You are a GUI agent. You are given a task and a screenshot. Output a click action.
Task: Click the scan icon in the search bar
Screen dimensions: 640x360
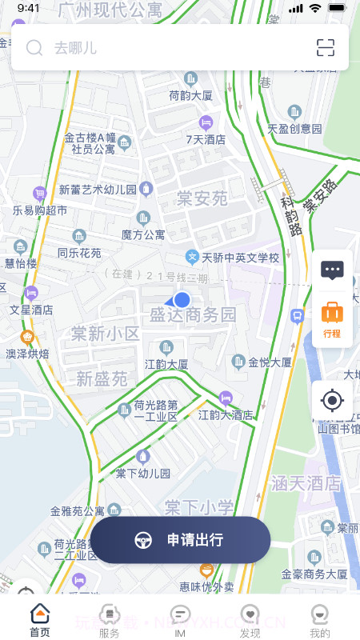tap(326, 48)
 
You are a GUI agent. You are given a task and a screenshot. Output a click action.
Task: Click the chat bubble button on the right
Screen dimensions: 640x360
tap(332, 270)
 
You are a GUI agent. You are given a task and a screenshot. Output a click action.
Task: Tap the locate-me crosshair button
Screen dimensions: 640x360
tap(332, 400)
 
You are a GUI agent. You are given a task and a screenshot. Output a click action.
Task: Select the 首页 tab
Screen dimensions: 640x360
tap(40, 620)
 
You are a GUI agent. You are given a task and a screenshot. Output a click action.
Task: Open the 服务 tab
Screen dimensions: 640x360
tap(110, 620)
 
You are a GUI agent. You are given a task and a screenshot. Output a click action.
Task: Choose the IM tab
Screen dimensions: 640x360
tap(180, 620)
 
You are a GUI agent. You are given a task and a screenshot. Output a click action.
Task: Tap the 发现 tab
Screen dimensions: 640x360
tap(250, 620)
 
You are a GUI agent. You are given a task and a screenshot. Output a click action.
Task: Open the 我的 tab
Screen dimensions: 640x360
tap(320, 620)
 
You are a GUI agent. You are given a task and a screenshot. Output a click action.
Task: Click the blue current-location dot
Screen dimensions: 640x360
tap(182, 300)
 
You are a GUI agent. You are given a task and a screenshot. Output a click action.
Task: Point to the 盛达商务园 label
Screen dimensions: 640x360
tap(194, 314)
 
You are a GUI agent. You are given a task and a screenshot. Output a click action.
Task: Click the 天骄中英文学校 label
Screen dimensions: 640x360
tap(240, 258)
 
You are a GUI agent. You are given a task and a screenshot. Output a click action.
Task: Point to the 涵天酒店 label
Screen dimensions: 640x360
tap(306, 483)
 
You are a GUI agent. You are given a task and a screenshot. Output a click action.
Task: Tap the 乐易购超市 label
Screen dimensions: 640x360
tap(40, 210)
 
